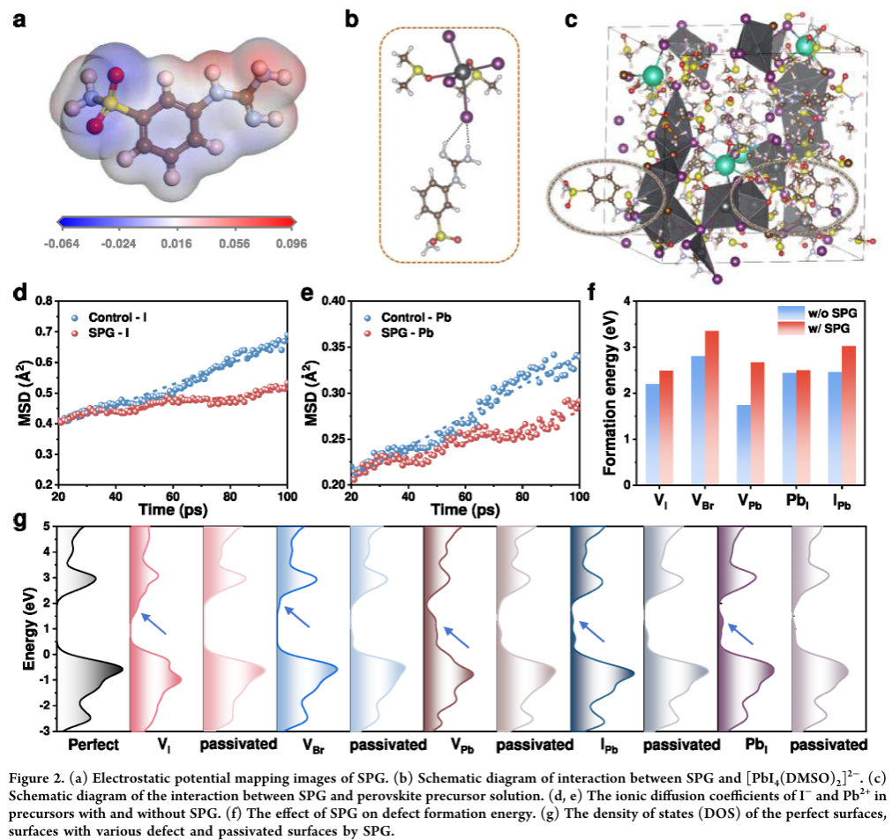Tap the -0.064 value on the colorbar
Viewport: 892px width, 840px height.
tap(74, 241)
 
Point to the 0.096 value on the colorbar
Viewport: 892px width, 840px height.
tap(274, 241)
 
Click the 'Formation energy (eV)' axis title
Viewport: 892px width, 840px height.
tap(609, 392)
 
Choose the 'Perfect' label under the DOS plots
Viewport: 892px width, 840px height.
tap(93, 745)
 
